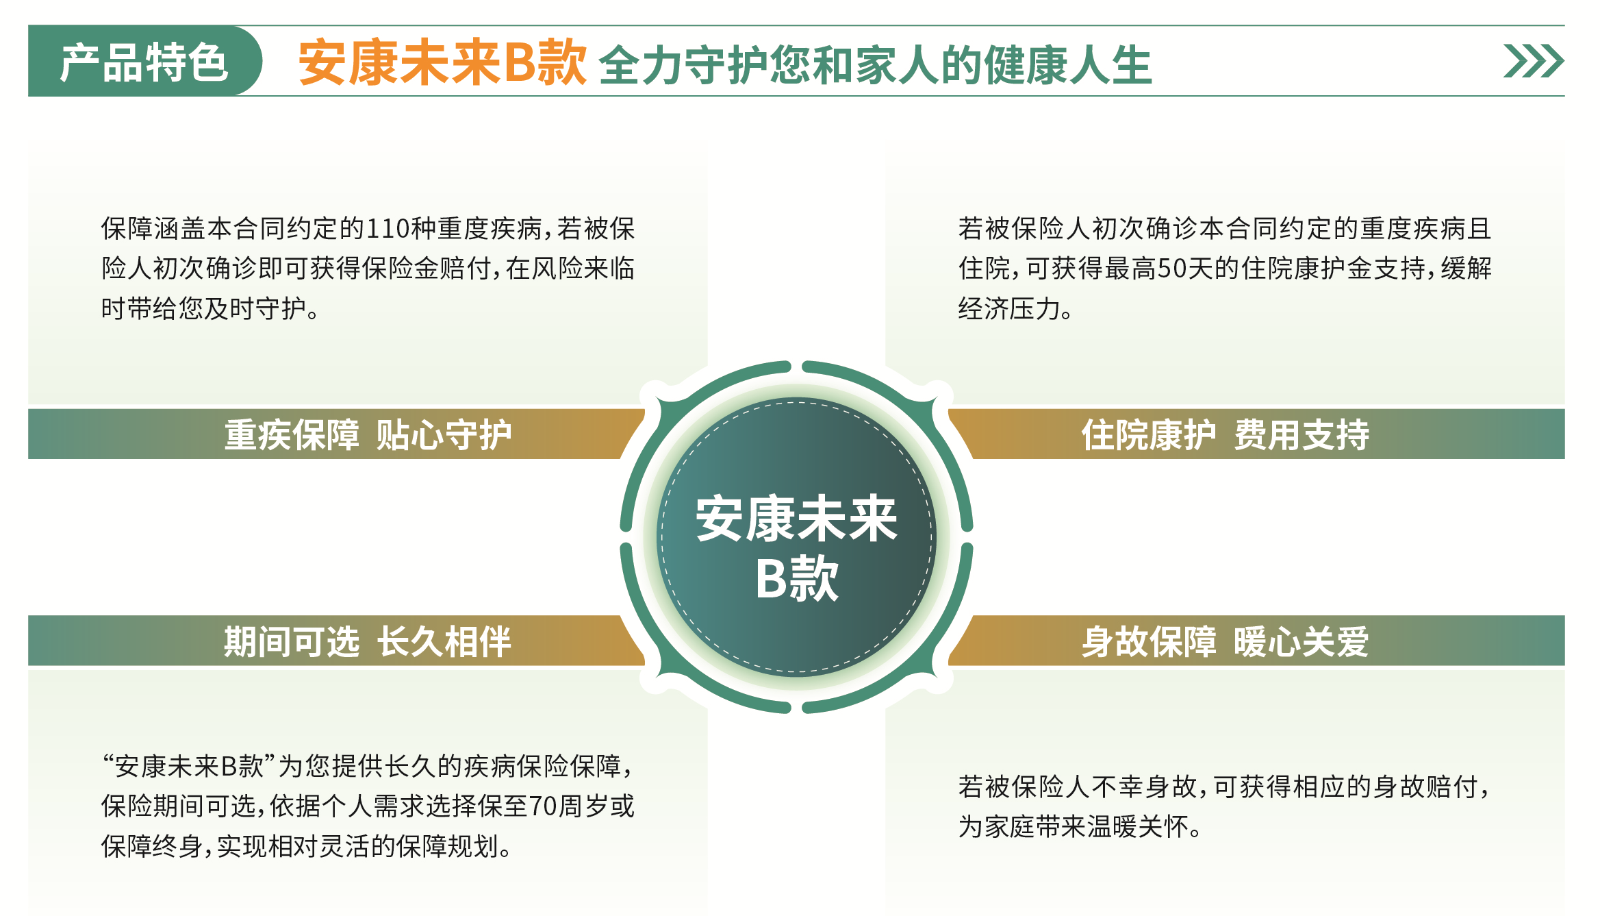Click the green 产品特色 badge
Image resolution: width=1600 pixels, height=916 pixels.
pyautogui.click(x=144, y=61)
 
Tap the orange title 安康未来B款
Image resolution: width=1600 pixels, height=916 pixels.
pyautogui.click(x=442, y=63)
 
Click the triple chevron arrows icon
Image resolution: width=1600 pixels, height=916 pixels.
pyautogui.click(x=1533, y=61)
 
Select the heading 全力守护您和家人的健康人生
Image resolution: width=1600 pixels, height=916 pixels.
pyautogui.click(x=875, y=64)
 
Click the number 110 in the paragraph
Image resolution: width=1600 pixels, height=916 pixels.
pyautogui.click(x=390, y=228)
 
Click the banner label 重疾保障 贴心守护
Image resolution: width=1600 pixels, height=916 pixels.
pyautogui.click(x=368, y=434)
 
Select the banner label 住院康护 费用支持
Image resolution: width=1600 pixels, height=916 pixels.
pyautogui.click(x=1225, y=434)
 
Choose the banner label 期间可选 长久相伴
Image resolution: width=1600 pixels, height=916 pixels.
pyautogui.click(x=368, y=641)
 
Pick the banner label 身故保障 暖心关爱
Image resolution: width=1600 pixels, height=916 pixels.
pyautogui.click(x=1225, y=641)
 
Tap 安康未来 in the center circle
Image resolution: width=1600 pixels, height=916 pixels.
pyautogui.click(x=796, y=519)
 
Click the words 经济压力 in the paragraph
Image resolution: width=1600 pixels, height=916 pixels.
pyautogui.click(x=1009, y=309)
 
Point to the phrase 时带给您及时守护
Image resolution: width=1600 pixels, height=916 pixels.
pyautogui.click(x=203, y=309)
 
